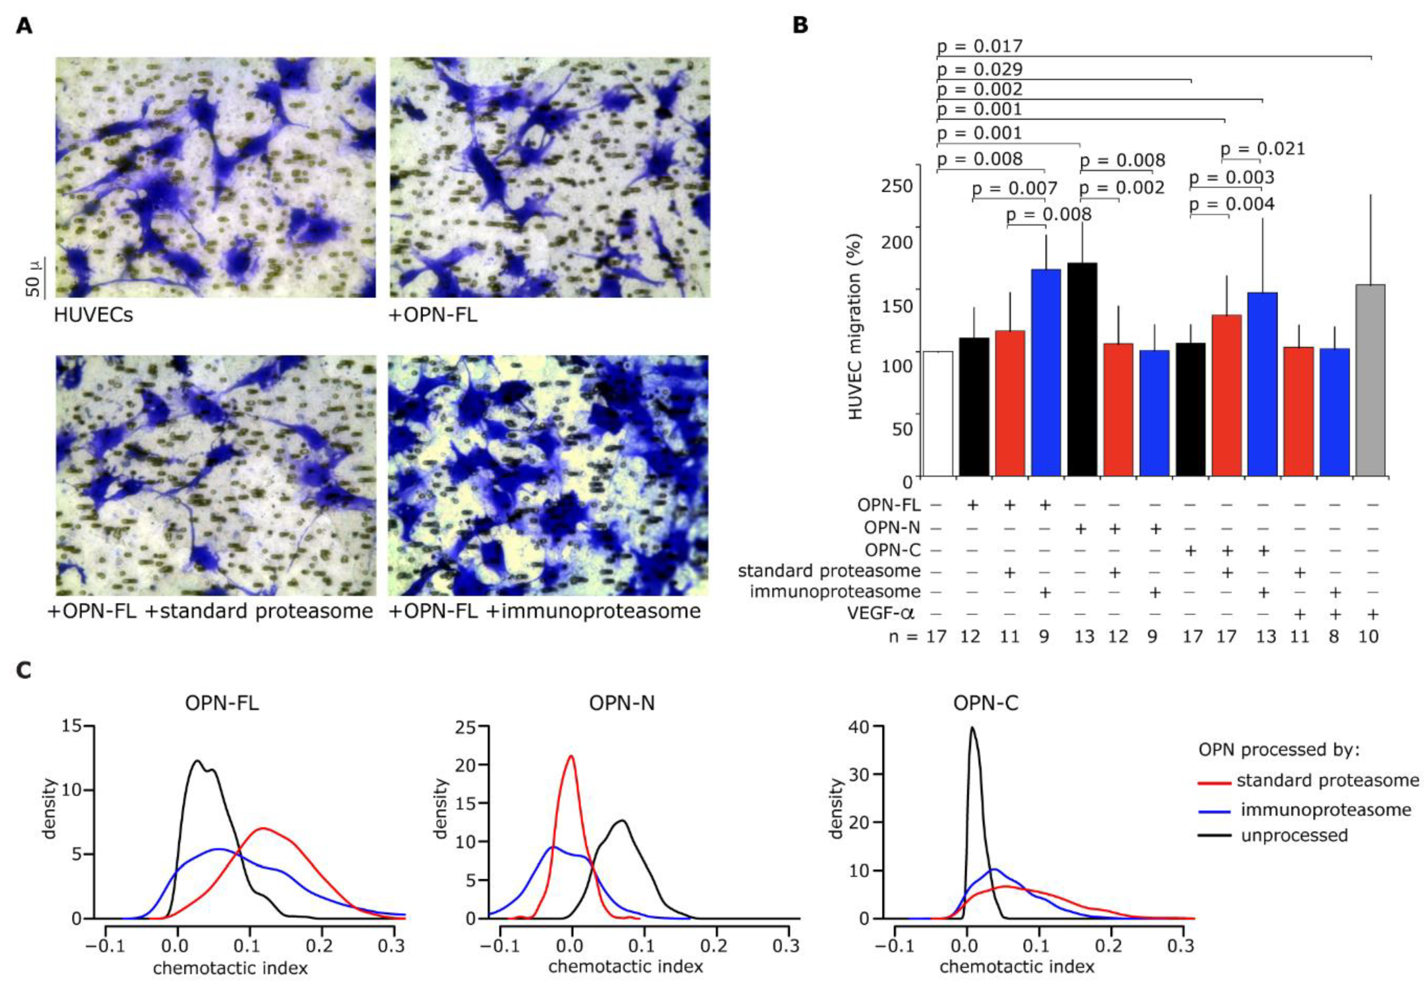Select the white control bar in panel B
[938, 413]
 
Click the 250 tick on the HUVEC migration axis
[897, 186]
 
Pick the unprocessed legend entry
[1294, 835]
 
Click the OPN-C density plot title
[986, 703]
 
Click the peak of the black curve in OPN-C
[973, 728]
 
